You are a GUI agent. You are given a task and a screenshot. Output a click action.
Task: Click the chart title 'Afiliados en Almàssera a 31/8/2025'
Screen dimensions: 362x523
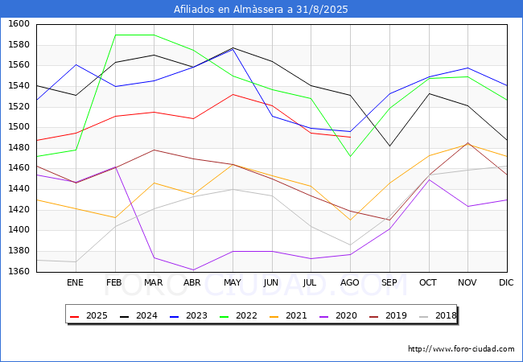[x=261, y=9]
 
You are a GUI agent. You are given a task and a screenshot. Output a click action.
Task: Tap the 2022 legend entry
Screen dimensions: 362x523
[x=237, y=315]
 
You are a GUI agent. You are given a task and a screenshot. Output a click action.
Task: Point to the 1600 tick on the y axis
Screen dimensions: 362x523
[x=19, y=24]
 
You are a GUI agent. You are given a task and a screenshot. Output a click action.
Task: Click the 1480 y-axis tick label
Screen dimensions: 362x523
[x=19, y=147]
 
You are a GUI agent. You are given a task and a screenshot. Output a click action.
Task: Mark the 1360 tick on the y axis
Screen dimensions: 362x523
[x=19, y=271]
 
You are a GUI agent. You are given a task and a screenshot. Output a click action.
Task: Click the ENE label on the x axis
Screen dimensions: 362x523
[x=75, y=282]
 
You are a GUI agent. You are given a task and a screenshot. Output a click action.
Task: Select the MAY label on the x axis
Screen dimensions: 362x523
[x=232, y=282]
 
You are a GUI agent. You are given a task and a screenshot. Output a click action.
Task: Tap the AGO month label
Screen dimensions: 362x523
[x=350, y=282]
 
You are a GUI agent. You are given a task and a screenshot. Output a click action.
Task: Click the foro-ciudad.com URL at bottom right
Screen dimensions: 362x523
[x=461, y=349]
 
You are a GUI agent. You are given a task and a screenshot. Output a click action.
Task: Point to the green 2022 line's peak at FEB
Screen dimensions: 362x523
[x=114, y=35]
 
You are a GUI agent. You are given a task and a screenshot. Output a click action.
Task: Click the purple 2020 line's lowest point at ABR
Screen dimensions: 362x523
[x=192, y=270]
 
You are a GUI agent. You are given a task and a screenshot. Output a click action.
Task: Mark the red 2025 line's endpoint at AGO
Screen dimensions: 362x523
[x=350, y=138]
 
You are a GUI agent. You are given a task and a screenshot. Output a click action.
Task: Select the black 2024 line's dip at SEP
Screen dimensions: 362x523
[x=389, y=146]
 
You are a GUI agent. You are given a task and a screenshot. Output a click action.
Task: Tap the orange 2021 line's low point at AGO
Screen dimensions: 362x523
[x=350, y=220]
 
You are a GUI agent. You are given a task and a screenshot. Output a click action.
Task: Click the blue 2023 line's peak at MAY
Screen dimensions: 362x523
[x=232, y=49]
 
